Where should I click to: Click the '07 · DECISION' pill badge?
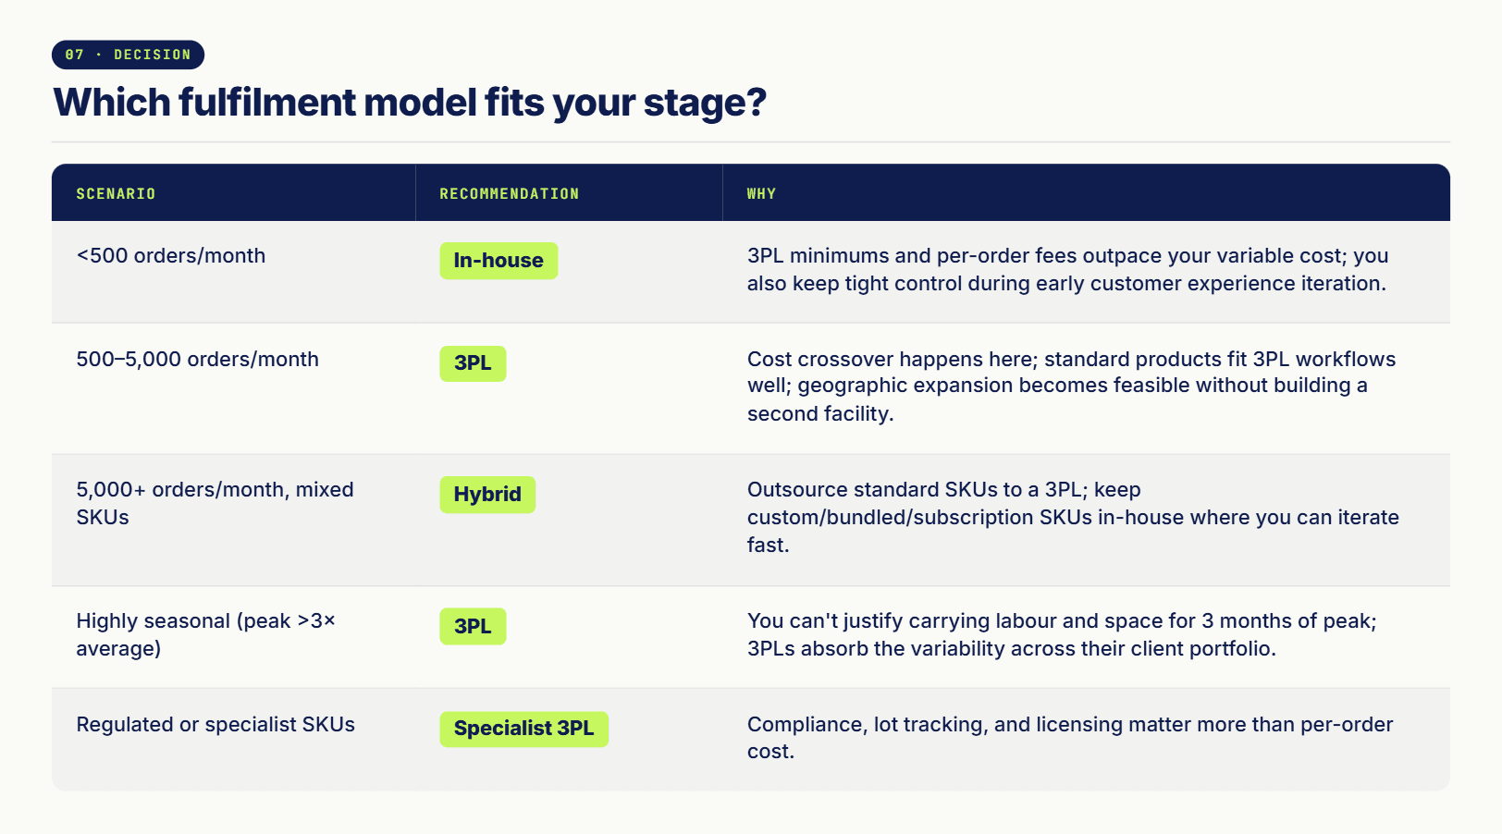pos(128,55)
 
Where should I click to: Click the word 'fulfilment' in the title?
pos(267,102)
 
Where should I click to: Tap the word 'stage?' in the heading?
pos(705,104)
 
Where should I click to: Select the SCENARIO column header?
pos(116,194)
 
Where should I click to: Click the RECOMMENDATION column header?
pos(510,194)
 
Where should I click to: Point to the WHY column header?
pos(762,194)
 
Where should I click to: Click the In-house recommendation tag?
pos(499,261)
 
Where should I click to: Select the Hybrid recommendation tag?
pos(487,495)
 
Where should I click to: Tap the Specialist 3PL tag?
pos(524,729)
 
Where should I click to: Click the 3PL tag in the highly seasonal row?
pos(473,626)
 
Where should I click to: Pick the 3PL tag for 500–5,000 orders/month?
pos(473,363)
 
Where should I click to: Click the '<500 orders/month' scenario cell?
pos(171,256)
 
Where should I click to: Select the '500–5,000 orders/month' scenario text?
pos(198,360)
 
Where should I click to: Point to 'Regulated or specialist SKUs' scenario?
pos(215,725)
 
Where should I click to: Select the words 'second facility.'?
pos(820,413)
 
